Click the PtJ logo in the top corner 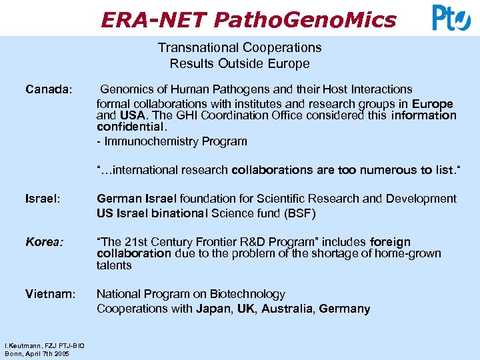pyautogui.click(x=451, y=17)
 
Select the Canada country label pyautogui.click(x=49, y=89)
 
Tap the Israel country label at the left pyautogui.click(x=42, y=199)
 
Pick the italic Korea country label pyautogui.click(x=44, y=242)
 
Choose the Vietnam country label pyautogui.click(x=50, y=294)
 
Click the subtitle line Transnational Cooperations pyautogui.click(x=239, y=48)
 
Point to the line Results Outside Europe pyautogui.click(x=239, y=64)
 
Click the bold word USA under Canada pyautogui.click(x=131, y=115)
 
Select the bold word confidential pyautogui.click(x=130, y=126)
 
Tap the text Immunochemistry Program pyautogui.click(x=175, y=141)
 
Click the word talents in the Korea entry pyautogui.click(x=114, y=265)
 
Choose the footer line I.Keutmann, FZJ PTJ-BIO pyautogui.click(x=36, y=346)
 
